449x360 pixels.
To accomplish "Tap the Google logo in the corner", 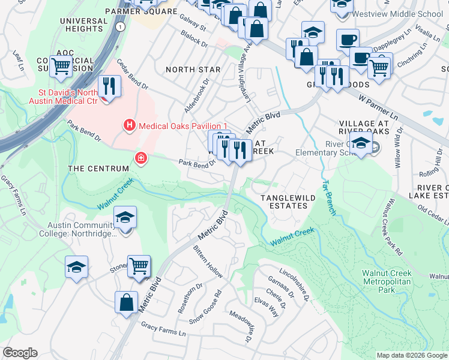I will point(20,352).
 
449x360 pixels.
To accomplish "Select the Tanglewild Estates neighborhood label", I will point(283,202).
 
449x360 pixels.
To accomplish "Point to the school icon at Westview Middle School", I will point(341,5).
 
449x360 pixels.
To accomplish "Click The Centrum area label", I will point(98,169).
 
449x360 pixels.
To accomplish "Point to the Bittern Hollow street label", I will point(208,262).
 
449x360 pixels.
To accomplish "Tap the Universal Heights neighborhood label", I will point(83,25).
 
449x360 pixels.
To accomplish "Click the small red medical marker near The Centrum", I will point(140,158).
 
